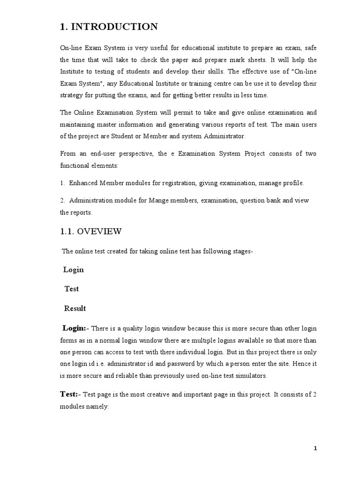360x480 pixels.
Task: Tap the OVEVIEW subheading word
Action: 99,231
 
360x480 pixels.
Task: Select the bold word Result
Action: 75,308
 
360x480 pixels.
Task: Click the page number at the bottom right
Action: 315,448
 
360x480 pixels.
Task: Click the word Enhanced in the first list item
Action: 85,183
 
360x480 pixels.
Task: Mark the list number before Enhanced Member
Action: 62,183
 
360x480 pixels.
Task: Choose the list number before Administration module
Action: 62,201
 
